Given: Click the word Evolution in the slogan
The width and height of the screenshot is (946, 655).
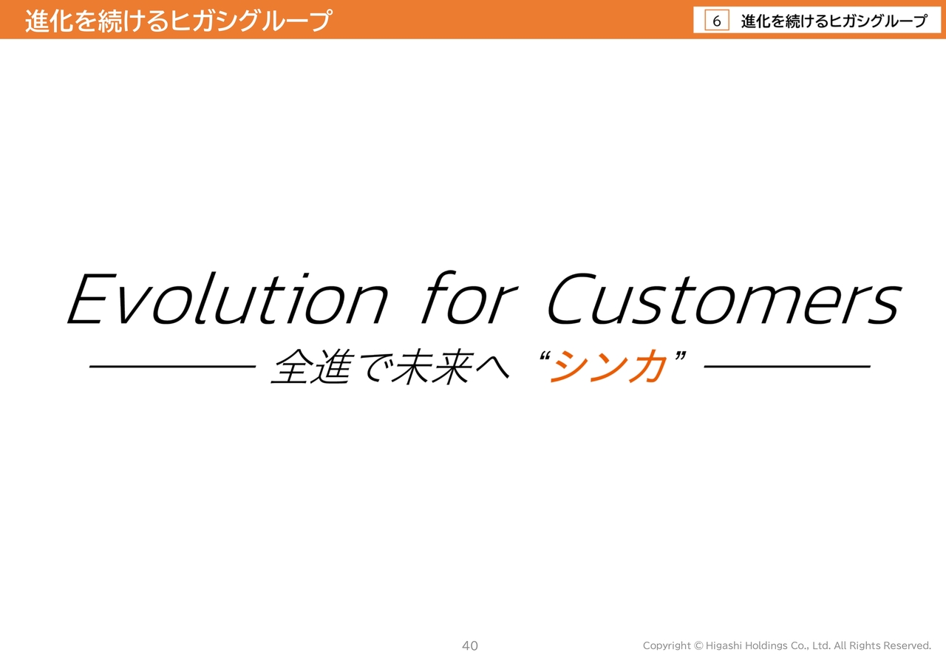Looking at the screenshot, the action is coord(227,299).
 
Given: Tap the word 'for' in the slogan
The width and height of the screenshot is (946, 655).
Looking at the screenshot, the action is coord(469,297).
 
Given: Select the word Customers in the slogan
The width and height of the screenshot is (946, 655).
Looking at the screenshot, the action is coord(725,299).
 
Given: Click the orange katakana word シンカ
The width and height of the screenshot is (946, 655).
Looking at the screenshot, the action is coord(608,367).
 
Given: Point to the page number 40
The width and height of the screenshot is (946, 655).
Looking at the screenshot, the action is coord(469,645).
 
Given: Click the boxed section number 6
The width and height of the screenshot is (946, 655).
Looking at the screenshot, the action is coord(717,21).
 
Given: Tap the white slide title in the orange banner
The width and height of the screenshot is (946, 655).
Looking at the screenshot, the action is coord(178,20).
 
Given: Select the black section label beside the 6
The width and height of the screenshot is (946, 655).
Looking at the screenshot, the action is coord(834,21).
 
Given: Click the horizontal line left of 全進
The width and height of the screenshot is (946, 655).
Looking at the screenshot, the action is coord(172,367).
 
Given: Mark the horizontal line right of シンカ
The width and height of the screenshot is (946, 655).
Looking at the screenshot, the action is coord(787,367).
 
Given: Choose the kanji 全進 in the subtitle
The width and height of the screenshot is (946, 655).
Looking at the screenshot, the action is coord(312,367).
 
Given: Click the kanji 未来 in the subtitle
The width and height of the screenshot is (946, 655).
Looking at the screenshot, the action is coord(432,367).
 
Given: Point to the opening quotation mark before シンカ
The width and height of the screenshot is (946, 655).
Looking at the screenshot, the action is coord(545,356).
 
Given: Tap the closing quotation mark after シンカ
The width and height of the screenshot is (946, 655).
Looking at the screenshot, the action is coord(681,356).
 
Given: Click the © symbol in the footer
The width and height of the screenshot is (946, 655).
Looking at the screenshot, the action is coord(698,645).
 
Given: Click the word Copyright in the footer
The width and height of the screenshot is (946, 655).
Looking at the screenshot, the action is coord(667,645).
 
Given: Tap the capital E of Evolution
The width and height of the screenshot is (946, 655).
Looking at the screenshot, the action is coord(91,299).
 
